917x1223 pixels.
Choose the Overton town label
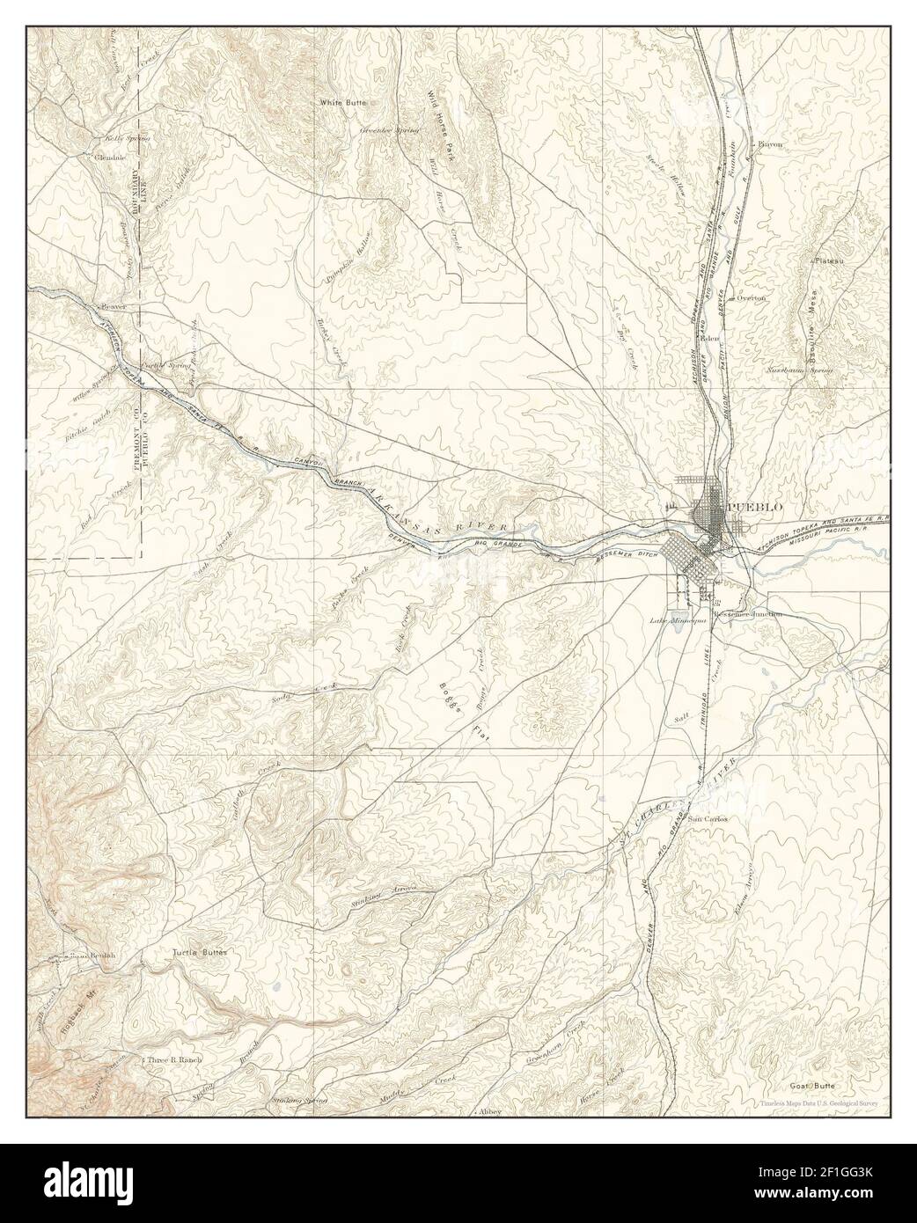pyautogui.click(x=752, y=298)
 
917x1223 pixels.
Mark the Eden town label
pyautogui.click(x=711, y=338)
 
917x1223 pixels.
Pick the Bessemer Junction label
pyautogui.click(x=749, y=615)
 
